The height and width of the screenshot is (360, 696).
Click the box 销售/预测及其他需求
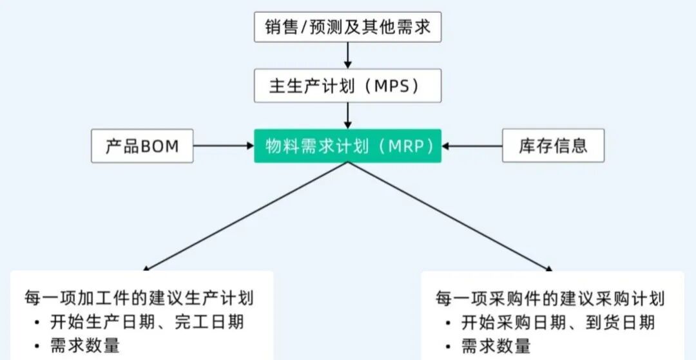click(347, 26)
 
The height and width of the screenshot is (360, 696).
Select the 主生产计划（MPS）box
click(347, 86)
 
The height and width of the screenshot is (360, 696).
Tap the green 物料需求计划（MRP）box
click(347, 146)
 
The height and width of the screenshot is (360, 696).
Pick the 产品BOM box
click(142, 146)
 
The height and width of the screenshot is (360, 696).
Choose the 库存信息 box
click(553, 146)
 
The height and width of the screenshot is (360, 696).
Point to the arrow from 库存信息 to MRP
click(472, 146)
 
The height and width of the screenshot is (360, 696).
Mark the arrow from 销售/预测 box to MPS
click(348, 55)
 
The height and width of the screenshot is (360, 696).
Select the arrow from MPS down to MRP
click(348, 115)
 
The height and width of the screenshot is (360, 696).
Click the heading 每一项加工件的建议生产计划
click(139, 298)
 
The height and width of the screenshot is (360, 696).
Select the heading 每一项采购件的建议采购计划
click(550, 298)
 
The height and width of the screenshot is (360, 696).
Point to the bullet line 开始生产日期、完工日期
click(147, 322)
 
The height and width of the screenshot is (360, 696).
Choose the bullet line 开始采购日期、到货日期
click(558, 322)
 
